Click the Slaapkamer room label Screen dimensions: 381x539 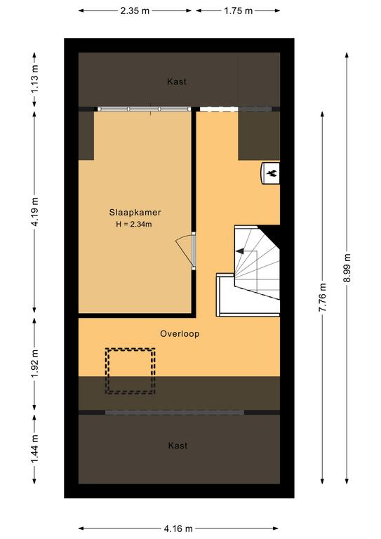tap(135, 213)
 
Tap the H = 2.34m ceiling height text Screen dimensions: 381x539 tap(134, 225)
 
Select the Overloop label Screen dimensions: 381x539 tap(180, 334)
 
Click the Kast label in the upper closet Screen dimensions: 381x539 tap(177, 81)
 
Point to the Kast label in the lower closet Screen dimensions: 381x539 tap(178, 446)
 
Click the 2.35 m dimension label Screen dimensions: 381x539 tap(135, 11)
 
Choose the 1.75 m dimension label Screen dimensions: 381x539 tap(239, 11)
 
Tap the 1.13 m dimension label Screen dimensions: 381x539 tap(34, 79)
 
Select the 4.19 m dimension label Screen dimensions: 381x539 tap(34, 212)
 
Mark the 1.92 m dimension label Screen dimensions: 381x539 tap(34, 364)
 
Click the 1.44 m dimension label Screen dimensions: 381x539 tap(34, 448)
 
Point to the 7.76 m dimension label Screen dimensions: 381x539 tap(322, 298)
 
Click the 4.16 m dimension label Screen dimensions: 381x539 tap(178, 528)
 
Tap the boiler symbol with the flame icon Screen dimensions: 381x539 tap(271, 173)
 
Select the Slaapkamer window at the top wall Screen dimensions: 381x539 tap(144, 109)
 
